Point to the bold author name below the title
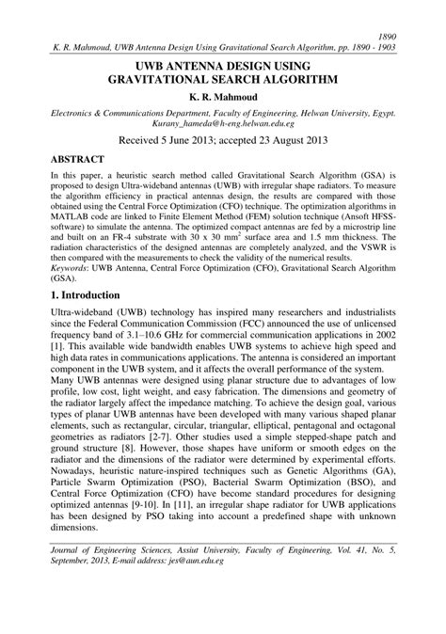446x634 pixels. click(223, 97)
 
